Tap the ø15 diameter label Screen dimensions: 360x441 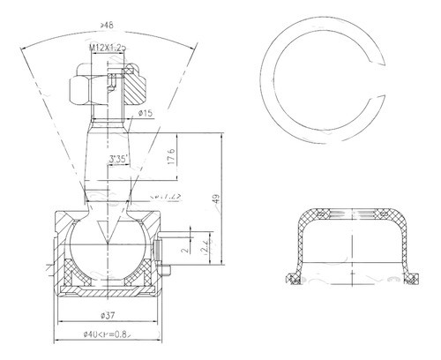[146, 114]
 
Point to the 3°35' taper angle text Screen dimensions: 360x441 [123, 160]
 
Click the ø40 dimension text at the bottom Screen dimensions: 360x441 [108, 334]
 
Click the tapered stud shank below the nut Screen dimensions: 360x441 [108, 159]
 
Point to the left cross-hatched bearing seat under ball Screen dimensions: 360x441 [74, 275]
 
